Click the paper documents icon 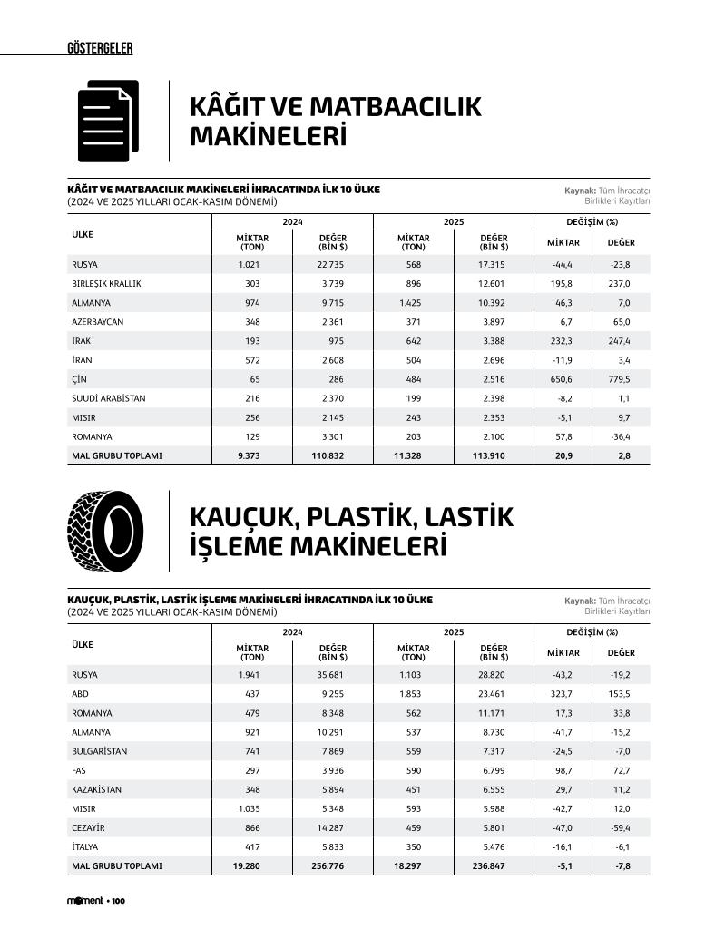[108, 121]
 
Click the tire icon [105, 532]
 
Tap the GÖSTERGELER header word [100, 48]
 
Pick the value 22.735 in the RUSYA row [329, 264]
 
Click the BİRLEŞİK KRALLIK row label [106, 283]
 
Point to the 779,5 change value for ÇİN [621, 379]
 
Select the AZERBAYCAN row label [97, 322]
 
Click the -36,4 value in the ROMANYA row [621, 436]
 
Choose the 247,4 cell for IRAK [621, 341]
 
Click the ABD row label [80, 694]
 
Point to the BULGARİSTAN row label [99, 751]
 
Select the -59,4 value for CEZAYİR [621, 827]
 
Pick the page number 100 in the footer [118, 901]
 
